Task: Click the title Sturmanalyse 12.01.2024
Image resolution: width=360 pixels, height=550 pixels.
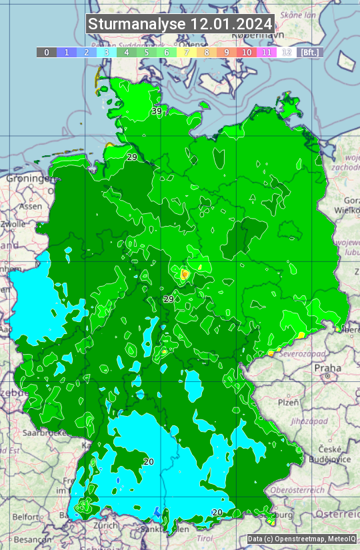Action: pos(180,24)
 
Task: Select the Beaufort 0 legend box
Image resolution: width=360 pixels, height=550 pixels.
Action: pos(46,52)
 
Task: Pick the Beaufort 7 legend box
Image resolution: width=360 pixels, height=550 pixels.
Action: pos(187,52)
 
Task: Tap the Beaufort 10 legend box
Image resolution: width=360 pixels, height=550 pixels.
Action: pos(247,52)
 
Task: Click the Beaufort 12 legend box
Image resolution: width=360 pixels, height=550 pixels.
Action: pos(287,52)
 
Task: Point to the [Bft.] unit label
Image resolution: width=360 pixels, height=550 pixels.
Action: pos(310,52)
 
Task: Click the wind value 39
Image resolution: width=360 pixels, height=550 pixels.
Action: pos(157,111)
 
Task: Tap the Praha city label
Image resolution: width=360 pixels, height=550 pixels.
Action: pos(328,367)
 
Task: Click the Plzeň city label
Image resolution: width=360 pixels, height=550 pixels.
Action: pos(288,402)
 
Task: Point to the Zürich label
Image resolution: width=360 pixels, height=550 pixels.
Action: pos(106,525)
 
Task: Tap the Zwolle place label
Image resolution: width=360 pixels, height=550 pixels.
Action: pos(13,225)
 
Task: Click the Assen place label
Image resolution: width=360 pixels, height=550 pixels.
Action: pos(30,207)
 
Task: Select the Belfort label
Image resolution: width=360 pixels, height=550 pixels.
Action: pos(26,517)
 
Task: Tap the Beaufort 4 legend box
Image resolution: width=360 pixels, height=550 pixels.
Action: pos(127,52)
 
